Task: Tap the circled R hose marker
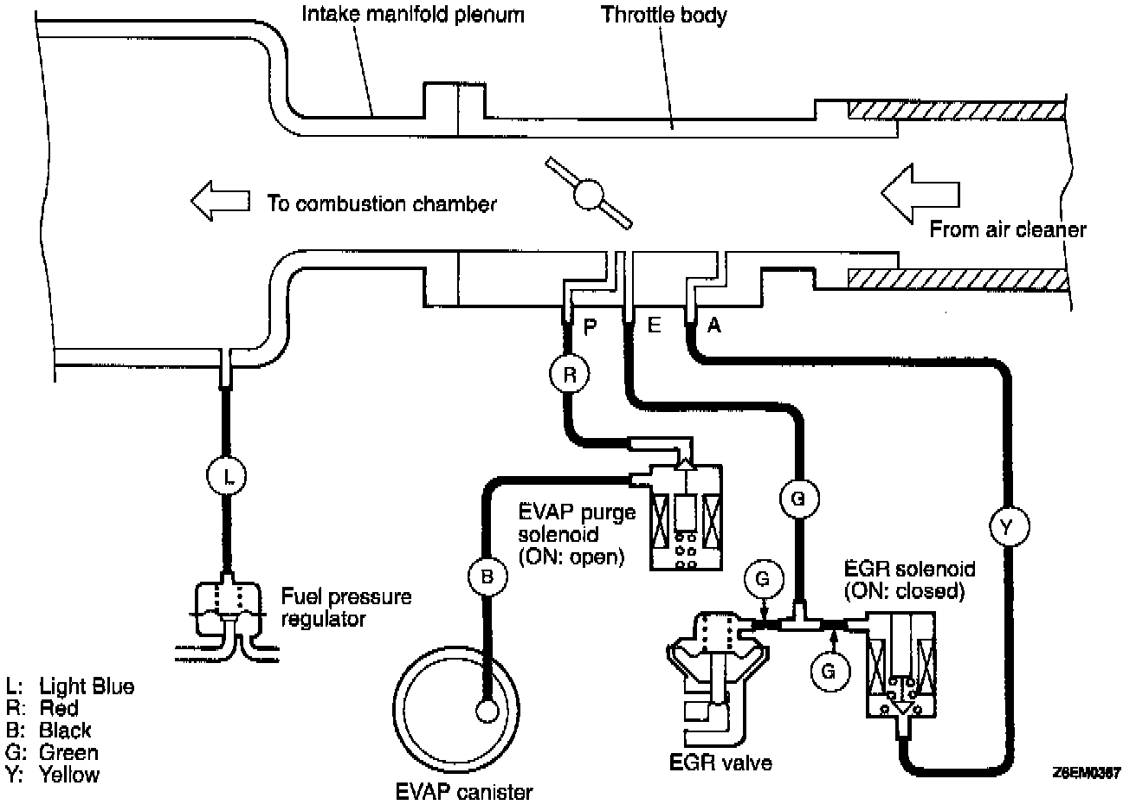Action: pos(569,374)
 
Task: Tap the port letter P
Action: pos(591,326)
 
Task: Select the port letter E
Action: pos(654,326)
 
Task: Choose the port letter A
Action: pos(714,325)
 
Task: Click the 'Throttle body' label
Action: pos(664,15)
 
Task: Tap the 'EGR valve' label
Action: pos(720,762)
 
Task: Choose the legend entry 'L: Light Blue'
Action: pos(70,686)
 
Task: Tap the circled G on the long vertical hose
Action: pos(797,498)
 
